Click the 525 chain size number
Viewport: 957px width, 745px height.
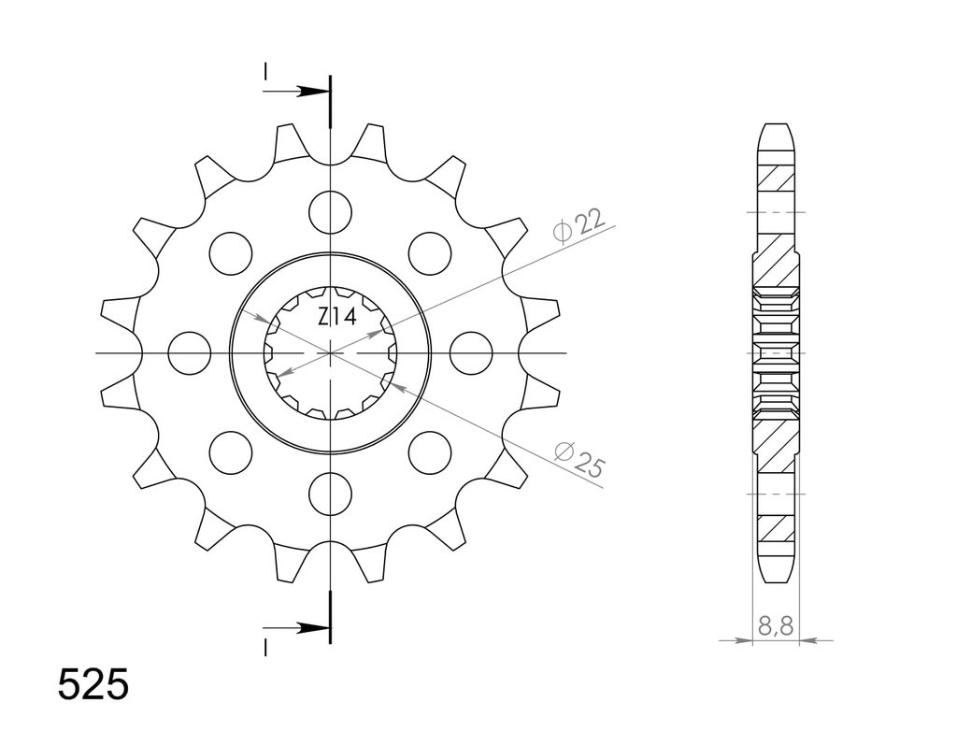click(x=93, y=684)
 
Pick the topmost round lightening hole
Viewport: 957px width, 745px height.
click(x=331, y=212)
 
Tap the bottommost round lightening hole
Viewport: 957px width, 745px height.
click(x=331, y=494)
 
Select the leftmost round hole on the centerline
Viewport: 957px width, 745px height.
click(x=189, y=353)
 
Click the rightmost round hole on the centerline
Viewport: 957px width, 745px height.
click(x=471, y=353)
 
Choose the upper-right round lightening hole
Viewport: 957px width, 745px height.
click(x=430, y=252)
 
